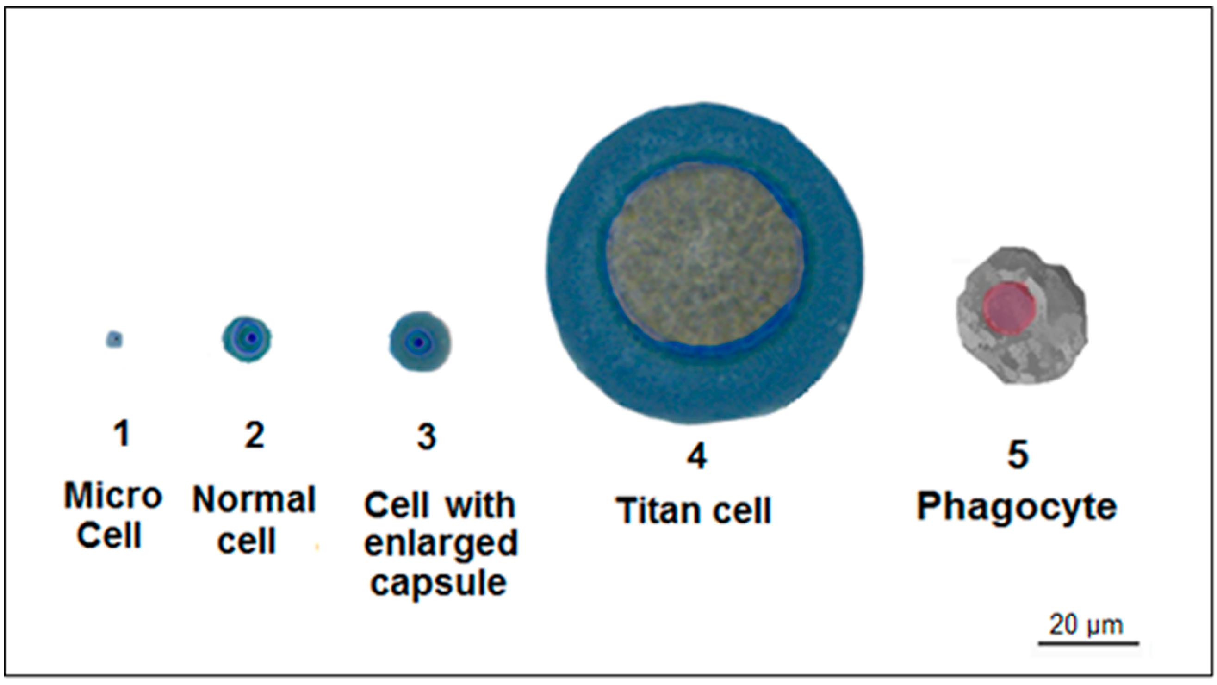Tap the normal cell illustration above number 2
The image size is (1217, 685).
tap(247, 339)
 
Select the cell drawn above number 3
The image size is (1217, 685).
tap(420, 341)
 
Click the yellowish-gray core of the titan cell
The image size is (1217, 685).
tap(705, 258)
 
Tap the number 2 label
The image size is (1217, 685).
tap(254, 435)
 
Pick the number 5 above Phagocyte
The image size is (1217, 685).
tap(1018, 455)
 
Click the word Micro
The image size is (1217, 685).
tap(113, 496)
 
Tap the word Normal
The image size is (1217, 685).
tap(254, 499)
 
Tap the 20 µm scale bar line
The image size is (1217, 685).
tap(1088, 642)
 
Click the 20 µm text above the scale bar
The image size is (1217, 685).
tap(1086, 625)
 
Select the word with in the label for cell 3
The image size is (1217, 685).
tap(480, 505)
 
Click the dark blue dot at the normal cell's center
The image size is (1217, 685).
tap(252, 338)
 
